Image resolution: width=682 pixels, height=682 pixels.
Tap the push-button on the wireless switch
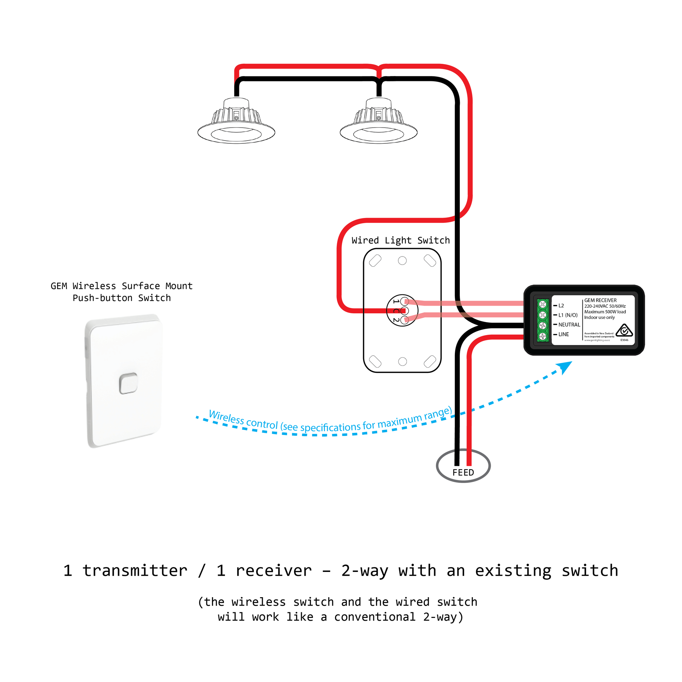point(128,383)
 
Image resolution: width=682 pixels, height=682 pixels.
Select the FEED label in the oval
point(463,473)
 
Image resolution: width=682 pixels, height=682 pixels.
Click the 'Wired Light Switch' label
point(401,240)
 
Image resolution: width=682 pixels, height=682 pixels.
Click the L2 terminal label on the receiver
point(561,306)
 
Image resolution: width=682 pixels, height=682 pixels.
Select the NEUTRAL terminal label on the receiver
point(569,325)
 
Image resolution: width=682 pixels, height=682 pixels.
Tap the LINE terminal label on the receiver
point(564,334)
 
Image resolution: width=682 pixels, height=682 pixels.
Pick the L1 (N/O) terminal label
point(568,315)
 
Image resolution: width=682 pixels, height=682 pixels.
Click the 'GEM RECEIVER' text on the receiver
point(600,300)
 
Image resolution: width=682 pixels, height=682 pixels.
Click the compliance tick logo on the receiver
point(624,331)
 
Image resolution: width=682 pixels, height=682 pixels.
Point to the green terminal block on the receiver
point(543,320)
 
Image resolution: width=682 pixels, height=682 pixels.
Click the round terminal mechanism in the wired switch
point(402,311)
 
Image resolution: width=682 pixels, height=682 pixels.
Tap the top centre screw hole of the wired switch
point(402,261)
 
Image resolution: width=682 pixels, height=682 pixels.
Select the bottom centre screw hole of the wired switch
point(402,361)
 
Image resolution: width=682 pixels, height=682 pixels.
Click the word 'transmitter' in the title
point(135,571)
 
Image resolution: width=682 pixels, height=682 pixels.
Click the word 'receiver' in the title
point(274,571)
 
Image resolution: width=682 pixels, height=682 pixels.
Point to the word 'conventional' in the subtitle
point(375,617)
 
